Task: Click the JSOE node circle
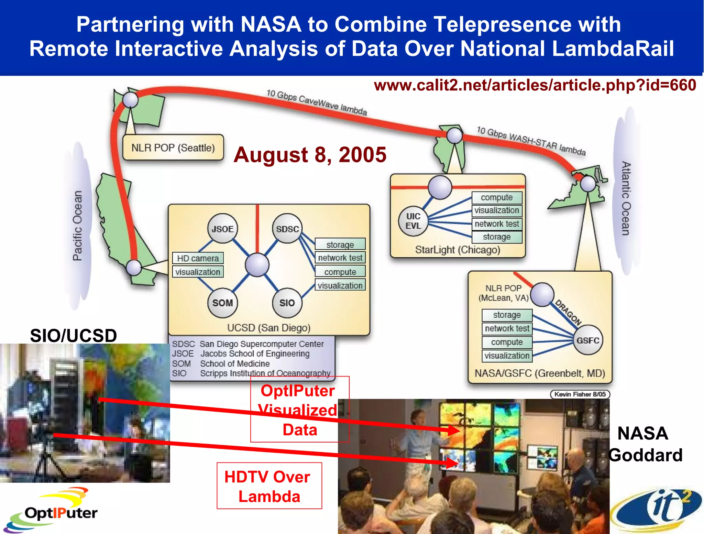tap(222, 229)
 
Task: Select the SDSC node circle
tap(287, 229)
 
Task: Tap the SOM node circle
tap(222, 303)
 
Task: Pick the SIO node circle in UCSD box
tap(287, 303)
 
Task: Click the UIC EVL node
tap(413, 221)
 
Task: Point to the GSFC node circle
tap(588, 340)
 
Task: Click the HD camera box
tap(198, 258)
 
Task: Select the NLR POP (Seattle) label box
tap(173, 148)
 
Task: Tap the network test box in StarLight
tap(497, 224)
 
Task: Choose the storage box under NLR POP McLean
tap(507, 315)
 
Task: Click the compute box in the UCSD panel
tap(340, 272)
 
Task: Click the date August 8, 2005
tap(310, 155)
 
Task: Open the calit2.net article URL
tap(535, 85)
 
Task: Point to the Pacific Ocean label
tap(78, 226)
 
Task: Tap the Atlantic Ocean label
tap(626, 198)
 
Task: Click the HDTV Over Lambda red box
tap(269, 486)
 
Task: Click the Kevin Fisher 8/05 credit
tap(580, 394)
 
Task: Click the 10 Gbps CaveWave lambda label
tap(317, 102)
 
